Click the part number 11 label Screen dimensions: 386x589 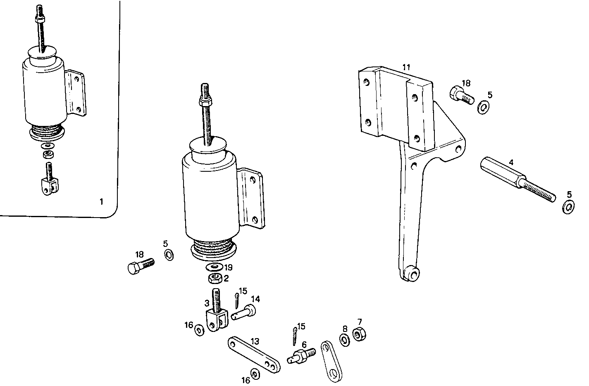406,67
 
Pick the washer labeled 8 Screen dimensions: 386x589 344,339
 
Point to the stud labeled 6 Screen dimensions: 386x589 303,355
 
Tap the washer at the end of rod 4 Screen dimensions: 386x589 569,206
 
